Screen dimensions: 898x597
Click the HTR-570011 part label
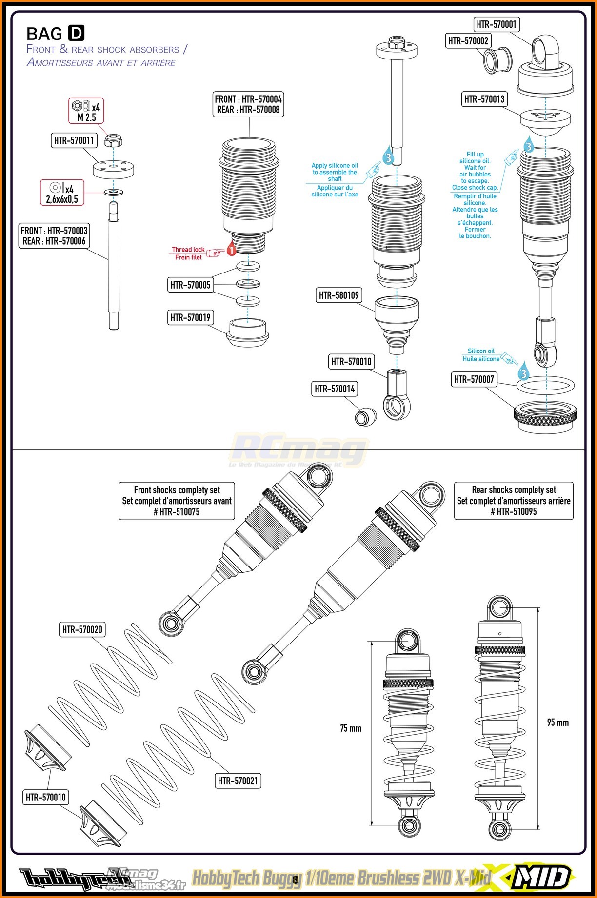click(x=74, y=140)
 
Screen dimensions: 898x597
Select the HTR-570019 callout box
click(x=190, y=318)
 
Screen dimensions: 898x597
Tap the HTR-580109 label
click(x=338, y=295)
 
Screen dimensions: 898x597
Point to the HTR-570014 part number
click(x=335, y=389)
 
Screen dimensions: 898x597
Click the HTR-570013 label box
click(x=484, y=99)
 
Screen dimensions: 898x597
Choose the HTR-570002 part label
click(x=468, y=41)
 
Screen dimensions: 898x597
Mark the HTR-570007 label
click(x=474, y=379)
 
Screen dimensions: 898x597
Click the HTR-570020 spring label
click(x=82, y=629)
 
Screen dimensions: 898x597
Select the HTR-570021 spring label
click(x=238, y=781)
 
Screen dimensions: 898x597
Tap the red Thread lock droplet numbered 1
click(x=231, y=249)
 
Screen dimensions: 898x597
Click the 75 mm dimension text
click(x=351, y=728)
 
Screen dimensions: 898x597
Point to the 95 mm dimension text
click(x=558, y=722)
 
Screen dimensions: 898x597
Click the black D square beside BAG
click(x=76, y=33)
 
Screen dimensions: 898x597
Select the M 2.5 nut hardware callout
click(x=86, y=111)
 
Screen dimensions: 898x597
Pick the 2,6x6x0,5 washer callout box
click(x=62, y=193)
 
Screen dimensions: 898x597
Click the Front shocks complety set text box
click(x=177, y=501)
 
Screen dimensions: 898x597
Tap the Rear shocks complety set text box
click(x=514, y=501)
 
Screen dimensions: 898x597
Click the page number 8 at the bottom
click(x=295, y=879)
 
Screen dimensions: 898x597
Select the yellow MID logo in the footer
click(x=541, y=877)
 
